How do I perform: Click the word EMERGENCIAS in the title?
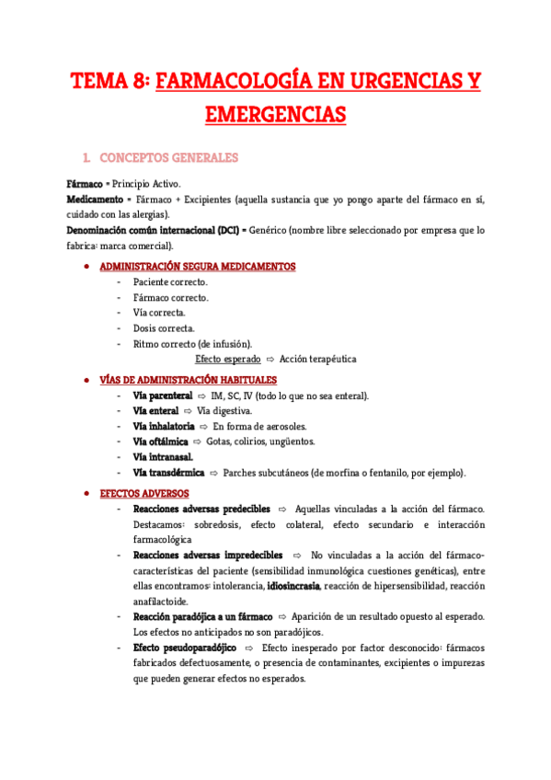click(275, 114)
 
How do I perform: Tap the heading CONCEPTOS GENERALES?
click(168, 157)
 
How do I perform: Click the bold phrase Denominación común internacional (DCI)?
click(150, 230)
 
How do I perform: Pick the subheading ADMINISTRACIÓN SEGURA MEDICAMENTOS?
click(197, 267)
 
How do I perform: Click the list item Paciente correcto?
click(170, 282)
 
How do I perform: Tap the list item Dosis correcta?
click(164, 328)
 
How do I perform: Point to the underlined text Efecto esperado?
click(228, 359)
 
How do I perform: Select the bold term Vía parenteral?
click(163, 396)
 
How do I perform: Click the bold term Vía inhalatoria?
click(164, 427)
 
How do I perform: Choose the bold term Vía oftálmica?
click(160, 442)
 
